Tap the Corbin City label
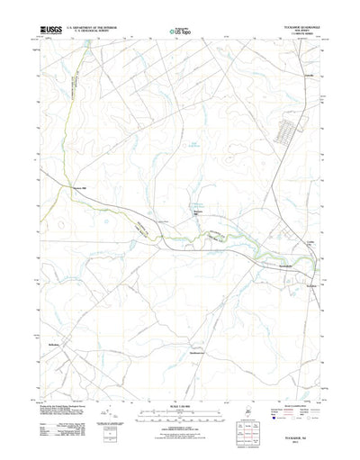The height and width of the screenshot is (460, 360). tap(310, 244)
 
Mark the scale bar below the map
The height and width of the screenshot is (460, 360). tap(179, 396)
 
